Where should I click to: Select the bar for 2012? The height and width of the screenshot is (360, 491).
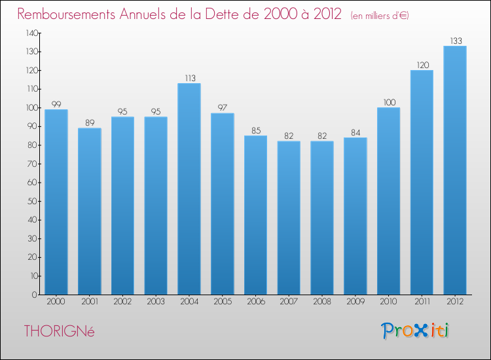[x=455, y=170]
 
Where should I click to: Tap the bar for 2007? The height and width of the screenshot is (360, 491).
[x=289, y=217]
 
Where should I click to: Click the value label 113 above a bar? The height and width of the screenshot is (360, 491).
[x=189, y=79]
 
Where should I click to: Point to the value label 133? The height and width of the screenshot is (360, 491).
[x=455, y=41]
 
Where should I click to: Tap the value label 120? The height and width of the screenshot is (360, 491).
[x=422, y=65]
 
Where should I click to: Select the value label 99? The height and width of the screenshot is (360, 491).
[x=56, y=105]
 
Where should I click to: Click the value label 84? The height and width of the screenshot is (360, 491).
[x=355, y=133]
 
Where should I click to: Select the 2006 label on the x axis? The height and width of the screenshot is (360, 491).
[x=255, y=302]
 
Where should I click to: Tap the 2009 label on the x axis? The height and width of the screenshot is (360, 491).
[x=355, y=302]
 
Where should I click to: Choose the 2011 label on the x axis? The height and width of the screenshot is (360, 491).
[x=422, y=302]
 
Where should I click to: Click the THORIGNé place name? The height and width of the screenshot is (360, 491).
[x=59, y=331]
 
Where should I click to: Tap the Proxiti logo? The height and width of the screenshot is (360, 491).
[x=415, y=331]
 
